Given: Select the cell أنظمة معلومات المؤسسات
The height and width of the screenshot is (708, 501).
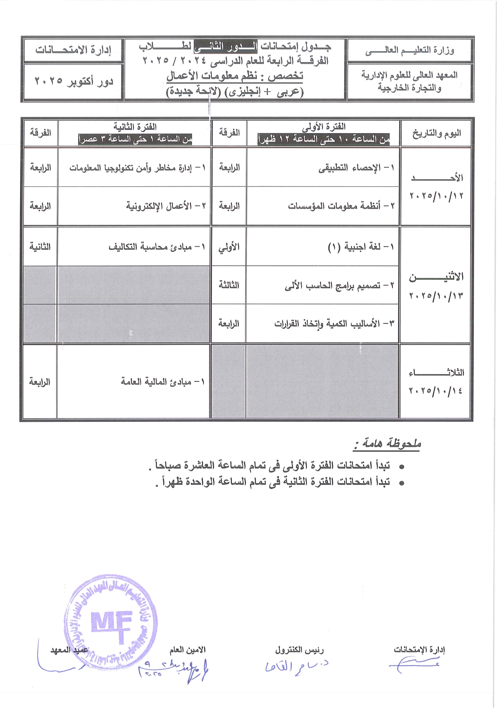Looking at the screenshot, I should click(x=341, y=206).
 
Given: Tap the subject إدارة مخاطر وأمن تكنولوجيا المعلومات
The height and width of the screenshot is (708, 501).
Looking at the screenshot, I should click(x=137, y=168).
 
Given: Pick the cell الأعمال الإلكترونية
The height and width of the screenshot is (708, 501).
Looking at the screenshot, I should click(x=166, y=206).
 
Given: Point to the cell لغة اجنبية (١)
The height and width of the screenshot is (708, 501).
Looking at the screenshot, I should click(x=361, y=247).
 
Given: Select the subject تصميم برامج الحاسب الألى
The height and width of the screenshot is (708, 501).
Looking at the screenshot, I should click(x=339, y=285).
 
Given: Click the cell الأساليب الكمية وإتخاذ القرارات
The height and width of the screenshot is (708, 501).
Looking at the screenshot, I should click(x=334, y=324).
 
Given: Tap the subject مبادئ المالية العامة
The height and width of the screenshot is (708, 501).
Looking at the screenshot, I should click(x=163, y=381).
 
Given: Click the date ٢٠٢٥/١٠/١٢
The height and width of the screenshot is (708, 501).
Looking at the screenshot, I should click(x=436, y=196).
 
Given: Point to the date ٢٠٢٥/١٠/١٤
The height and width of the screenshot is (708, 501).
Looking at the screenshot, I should click(x=436, y=391).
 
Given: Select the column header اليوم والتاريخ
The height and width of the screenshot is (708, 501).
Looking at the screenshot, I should click(x=436, y=133).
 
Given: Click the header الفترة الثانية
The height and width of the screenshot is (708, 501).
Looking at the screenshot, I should click(x=135, y=127).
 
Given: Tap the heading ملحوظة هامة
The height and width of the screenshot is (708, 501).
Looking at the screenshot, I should click(x=388, y=444).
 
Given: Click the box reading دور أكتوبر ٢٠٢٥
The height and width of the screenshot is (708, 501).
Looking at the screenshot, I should click(x=73, y=81).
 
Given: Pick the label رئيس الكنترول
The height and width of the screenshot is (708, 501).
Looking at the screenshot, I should click(x=300, y=650).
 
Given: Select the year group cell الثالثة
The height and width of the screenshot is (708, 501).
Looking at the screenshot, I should click(x=229, y=285).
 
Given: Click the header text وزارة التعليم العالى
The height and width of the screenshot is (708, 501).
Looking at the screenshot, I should click(x=410, y=50).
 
